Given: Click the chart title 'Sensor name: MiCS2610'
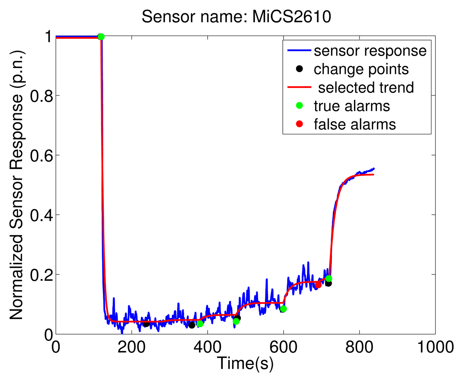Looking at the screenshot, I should [x=236, y=17].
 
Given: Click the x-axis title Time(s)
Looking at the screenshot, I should [x=245, y=363].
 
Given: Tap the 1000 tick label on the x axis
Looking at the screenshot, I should [x=435, y=347].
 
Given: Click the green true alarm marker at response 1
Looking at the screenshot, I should [x=101, y=37].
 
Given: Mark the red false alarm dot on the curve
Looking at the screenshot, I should [x=318, y=285].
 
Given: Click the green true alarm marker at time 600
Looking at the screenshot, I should [x=283, y=309].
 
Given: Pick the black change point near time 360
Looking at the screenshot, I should [x=192, y=325].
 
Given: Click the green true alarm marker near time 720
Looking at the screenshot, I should [x=329, y=279].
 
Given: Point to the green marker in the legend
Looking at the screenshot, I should [x=299, y=106].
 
